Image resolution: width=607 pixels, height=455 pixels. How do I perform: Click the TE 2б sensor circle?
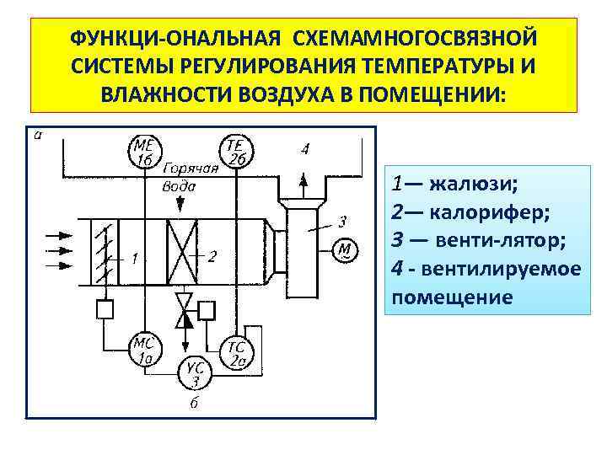[x=232, y=152]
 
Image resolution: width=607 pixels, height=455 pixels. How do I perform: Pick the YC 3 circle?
[x=195, y=372]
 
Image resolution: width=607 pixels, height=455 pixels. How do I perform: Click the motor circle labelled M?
[x=346, y=249]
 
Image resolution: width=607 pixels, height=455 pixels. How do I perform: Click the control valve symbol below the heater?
[x=183, y=310]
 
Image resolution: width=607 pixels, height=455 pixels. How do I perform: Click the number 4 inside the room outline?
[x=304, y=149]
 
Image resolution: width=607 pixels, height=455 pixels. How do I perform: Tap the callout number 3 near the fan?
[x=341, y=222]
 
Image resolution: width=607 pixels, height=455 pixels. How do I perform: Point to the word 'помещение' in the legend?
[x=452, y=297]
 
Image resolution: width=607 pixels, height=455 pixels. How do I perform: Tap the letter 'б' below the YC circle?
[x=194, y=404]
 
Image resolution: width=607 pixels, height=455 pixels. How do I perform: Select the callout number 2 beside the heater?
[x=212, y=255]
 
